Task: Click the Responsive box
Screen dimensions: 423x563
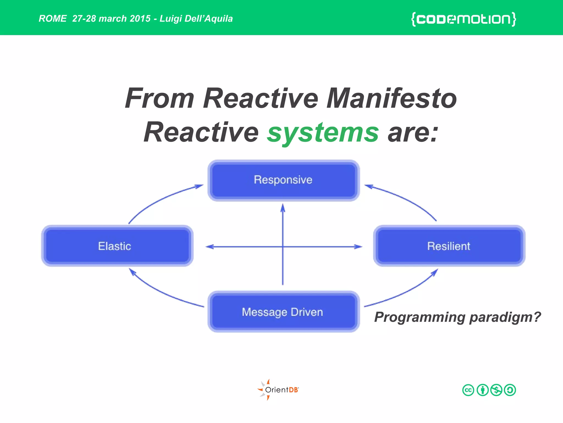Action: [x=283, y=180]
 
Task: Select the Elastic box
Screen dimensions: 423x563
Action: [x=117, y=246]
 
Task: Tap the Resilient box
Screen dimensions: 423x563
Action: [x=449, y=246]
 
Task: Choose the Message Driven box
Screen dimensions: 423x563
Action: [x=283, y=312]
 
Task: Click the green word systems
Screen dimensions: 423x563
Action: [x=323, y=133]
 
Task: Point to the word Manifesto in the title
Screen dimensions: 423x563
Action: [x=391, y=98]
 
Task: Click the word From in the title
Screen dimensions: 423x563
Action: [x=160, y=98]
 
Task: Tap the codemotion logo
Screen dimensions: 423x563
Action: [x=463, y=19]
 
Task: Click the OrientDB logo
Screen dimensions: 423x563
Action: [x=278, y=390]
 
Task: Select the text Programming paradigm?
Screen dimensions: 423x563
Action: [x=457, y=317]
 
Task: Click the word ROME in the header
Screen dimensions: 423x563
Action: [x=53, y=18]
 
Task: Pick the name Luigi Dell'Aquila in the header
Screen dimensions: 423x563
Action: [x=196, y=18]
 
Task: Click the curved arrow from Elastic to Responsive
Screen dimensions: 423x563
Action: [x=159, y=200]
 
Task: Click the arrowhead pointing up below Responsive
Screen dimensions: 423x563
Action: [x=283, y=208]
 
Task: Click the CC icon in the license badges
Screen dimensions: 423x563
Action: [x=468, y=390]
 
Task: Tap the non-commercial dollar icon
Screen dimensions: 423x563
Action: [x=496, y=390]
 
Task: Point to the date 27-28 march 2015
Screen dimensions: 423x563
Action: [x=111, y=18]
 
